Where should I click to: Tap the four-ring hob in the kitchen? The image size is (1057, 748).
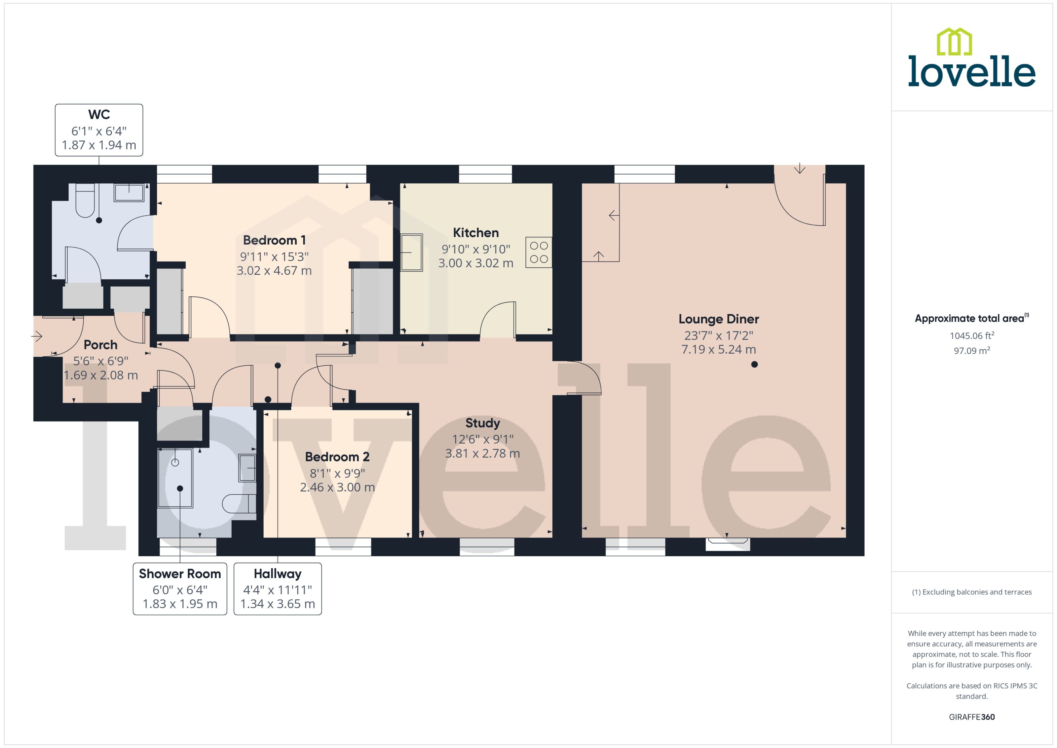click(538, 252)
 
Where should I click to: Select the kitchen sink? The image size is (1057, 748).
click(411, 252)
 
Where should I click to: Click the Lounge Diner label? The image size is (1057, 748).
click(718, 319)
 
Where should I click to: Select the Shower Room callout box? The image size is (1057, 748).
click(180, 589)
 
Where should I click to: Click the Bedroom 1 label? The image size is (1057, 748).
click(274, 240)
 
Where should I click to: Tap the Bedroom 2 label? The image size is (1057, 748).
click(337, 457)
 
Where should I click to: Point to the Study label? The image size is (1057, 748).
click(482, 423)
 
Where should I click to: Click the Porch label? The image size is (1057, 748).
click(100, 345)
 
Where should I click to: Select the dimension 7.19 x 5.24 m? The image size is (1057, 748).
click(718, 350)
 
